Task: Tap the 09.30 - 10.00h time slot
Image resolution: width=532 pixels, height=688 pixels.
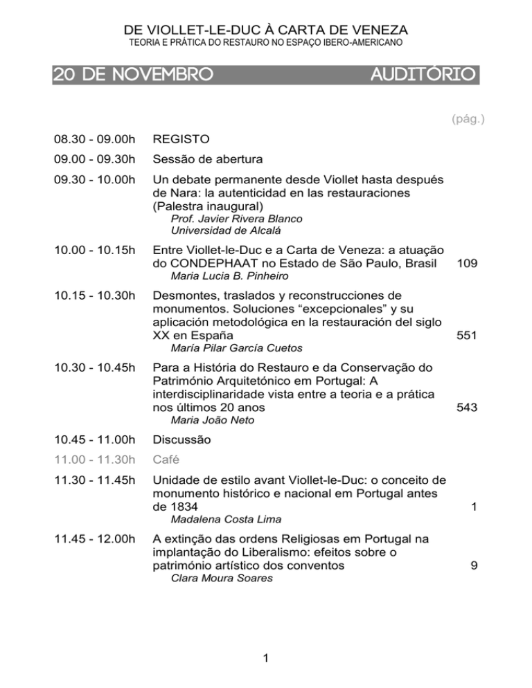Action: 92,179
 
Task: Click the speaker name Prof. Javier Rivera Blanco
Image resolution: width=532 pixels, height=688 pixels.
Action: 218,219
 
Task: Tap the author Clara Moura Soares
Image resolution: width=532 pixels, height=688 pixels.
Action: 211,579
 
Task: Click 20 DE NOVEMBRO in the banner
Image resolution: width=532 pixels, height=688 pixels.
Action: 132,73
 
